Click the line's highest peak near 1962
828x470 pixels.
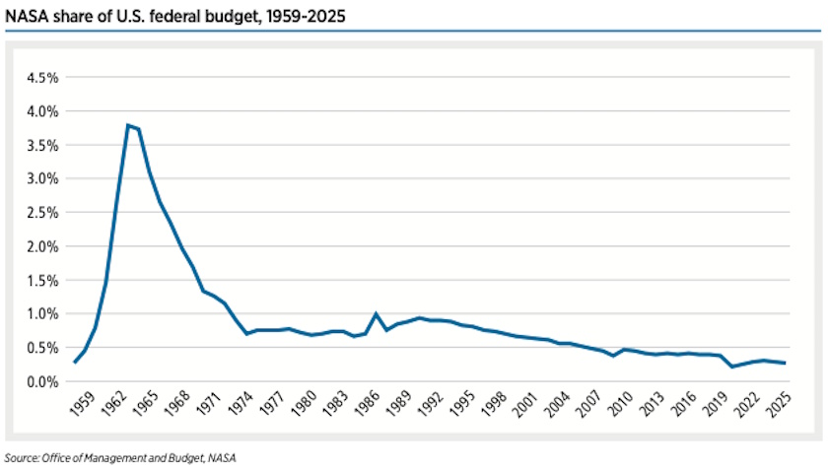coord(128,125)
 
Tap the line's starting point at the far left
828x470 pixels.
coord(75,363)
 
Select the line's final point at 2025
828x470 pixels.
coord(786,364)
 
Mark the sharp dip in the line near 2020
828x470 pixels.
coord(732,367)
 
